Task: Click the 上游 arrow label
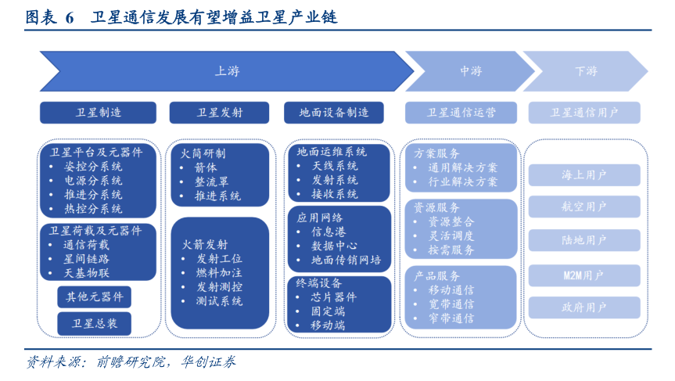pos(227,71)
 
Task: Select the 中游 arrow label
pos(471,71)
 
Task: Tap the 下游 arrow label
pos(586,71)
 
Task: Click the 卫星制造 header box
pos(99,113)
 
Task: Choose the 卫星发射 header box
pos(219,113)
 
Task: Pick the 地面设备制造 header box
pos(334,113)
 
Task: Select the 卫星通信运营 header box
pos(461,113)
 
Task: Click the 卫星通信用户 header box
pos(584,113)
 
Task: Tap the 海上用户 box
pos(584,175)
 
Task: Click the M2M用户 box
pos(584,275)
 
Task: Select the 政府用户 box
pos(584,307)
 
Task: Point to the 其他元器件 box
pos(94,297)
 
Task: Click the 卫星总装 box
pos(94,322)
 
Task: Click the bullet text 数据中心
pos(335,246)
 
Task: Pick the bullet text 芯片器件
pos(334,297)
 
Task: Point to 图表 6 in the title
pos(49,17)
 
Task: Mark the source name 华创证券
pos(209,363)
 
